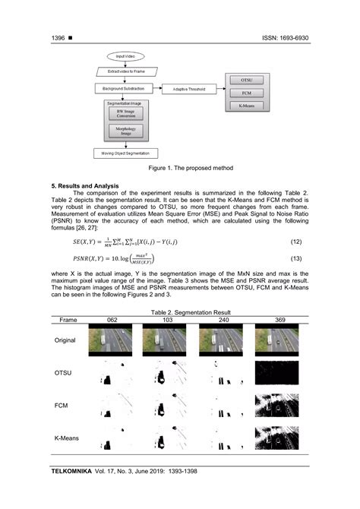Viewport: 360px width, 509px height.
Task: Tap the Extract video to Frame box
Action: [x=126, y=71]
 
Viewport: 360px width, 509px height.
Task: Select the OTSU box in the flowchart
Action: [x=247, y=78]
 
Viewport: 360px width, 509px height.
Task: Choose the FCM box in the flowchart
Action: [x=247, y=92]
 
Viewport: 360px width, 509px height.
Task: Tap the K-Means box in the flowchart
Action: [x=247, y=106]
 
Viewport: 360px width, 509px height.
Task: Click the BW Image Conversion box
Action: [x=127, y=115]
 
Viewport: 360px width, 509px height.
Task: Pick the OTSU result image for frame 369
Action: [x=276, y=372]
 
